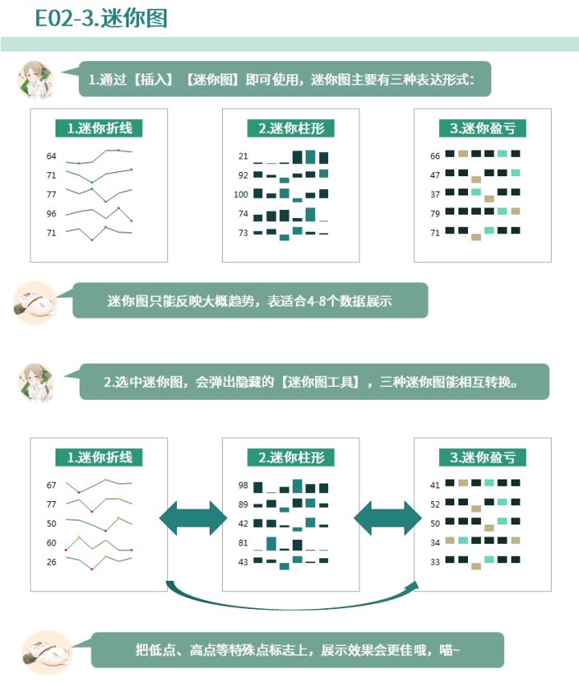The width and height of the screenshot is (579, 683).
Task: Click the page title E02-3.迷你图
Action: pyautogui.click(x=101, y=19)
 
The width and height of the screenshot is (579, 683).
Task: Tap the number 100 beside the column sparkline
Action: pyautogui.click(x=240, y=194)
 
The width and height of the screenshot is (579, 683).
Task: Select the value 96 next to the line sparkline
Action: pyautogui.click(x=51, y=213)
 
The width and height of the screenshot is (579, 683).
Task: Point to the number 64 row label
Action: pyautogui.click(x=51, y=156)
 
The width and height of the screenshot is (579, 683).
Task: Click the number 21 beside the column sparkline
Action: pyautogui.click(x=244, y=156)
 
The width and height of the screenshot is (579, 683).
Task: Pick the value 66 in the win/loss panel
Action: pyautogui.click(x=435, y=156)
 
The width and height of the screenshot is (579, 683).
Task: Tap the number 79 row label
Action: pyautogui.click(x=435, y=213)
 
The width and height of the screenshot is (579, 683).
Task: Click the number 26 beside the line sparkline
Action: pyautogui.click(x=51, y=562)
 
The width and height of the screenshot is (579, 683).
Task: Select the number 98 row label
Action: pyautogui.click(x=244, y=485)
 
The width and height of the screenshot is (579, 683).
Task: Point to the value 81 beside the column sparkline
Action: pyautogui.click(x=244, y=543)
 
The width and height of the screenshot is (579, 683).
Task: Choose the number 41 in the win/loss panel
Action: pyautogui.click(x=435, y=485)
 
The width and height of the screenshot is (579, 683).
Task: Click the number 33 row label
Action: pyautogui.click(x=435, y=562)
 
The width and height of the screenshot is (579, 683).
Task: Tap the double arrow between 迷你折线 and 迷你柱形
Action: pyautogui.click(x=193, y=518)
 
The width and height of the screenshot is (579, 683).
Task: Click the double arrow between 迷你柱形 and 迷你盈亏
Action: pyautogui.click(x=388, y=518)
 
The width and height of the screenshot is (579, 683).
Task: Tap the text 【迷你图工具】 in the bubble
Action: pyautogui.click(x=320, y=382)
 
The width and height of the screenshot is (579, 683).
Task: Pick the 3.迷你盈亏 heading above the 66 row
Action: pyautogui.click(x=482, y=129)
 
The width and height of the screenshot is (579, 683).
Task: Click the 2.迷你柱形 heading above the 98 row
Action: pyautogui.click(x=291, y=458)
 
